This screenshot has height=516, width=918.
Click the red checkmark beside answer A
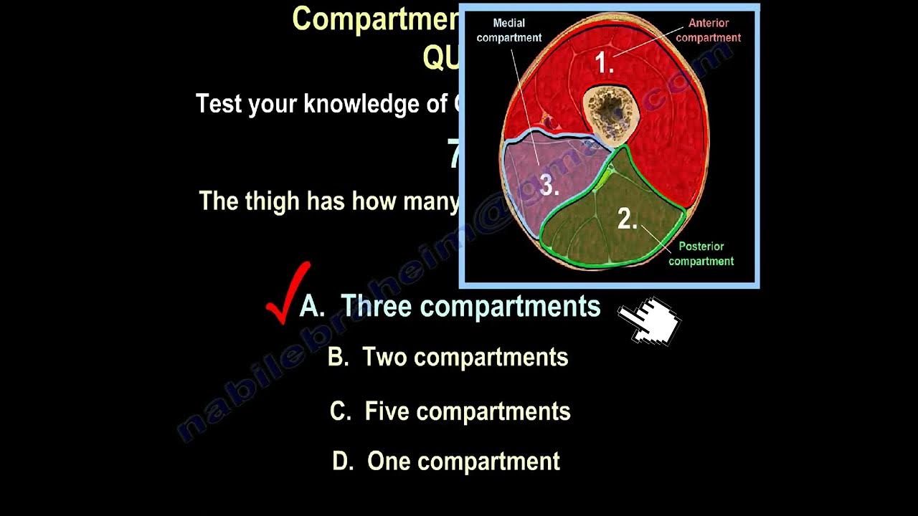pyautogui.click(x=288, y=294)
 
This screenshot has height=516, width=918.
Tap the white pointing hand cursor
pyautogui.click(x=648, y=320)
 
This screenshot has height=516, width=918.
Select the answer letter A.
pyautogui.click(x=311, y=307)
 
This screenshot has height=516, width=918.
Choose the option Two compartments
pyautogui.click(x=465, y=357)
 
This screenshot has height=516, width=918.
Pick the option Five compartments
pyautogui.click(x=468, y=411)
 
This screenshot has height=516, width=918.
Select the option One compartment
pyautogui.click(x=463, y=462)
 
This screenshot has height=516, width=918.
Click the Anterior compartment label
pyautogui.click(x=709, y=31)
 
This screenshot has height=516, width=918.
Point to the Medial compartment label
pyautogui.click(x=508, y=31)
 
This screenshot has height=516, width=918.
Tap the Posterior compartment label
pyautogui.click(x=701, y=254)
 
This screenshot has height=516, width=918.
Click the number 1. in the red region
pyautogui.click(x=605, y=64)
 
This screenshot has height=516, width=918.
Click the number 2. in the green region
pyautogui.click(x=627, y=219)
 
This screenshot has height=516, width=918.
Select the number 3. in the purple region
pyautogui.click(x=549, y=186)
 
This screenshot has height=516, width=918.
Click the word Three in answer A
pyautogui.click(x=376, y=307)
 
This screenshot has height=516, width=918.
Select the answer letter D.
pyautogui.click(x=344, y=462)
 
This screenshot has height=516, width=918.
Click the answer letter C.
pyautogui.click(x=340, y=411)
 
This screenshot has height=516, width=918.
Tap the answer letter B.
pyautogui.click(x=338, y=357)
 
